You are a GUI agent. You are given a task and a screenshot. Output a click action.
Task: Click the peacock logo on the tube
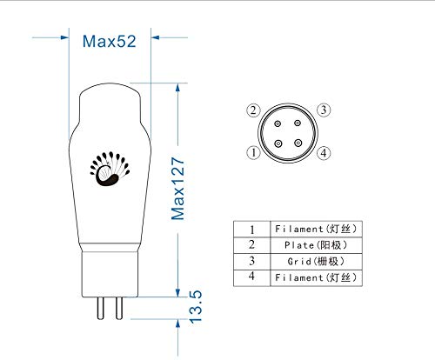pyautogui.click(x=110, y=169)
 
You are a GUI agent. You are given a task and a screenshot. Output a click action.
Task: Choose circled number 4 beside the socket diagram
pyautogui.click(x=322, y=153)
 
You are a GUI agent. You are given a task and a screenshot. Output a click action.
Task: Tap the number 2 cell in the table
pyautogui.click(x=252, y=244)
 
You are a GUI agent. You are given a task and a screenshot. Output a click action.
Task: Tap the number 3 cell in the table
pyautogui.click(x=252, y=260)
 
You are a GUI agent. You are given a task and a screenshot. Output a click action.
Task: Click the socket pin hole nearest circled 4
pyautogui.click(x=298, y=142)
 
